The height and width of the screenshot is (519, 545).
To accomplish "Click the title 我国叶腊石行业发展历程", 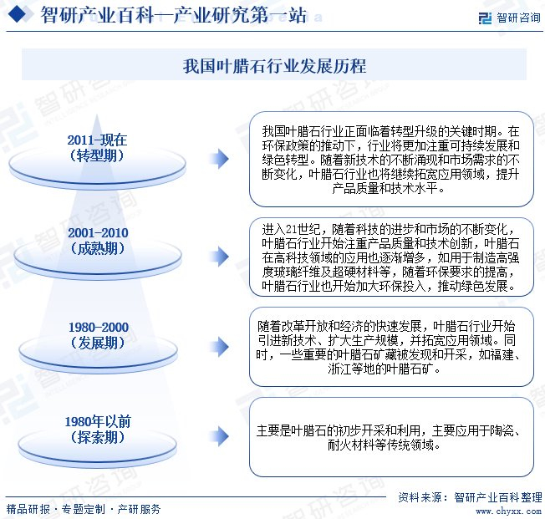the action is (273, 65).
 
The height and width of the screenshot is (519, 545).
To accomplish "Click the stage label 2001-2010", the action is (97, 232).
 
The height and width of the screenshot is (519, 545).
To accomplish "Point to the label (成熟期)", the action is (97, 248).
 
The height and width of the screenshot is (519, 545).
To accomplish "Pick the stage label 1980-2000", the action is (97, 327).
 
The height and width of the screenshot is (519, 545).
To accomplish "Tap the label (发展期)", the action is (97, 343).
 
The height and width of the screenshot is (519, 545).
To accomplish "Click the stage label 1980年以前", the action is (97, 421).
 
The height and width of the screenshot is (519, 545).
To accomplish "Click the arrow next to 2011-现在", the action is (218, 159).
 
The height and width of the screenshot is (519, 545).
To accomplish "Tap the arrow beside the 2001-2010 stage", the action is (218, 256).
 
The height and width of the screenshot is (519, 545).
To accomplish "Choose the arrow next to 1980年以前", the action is (218, 432).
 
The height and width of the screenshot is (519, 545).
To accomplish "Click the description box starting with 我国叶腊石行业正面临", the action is (391, 159).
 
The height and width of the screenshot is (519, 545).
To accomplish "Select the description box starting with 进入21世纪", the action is (391, 257).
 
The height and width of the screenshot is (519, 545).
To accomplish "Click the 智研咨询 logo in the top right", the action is (507, 16).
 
